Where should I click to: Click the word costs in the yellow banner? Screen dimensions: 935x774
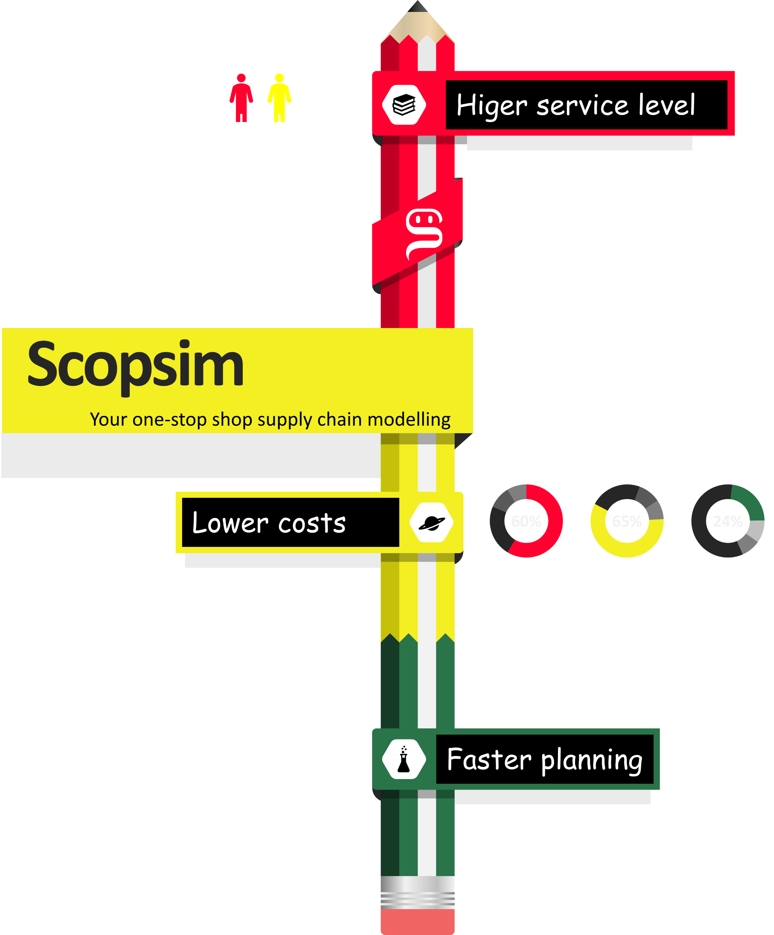click(x=312, y=523)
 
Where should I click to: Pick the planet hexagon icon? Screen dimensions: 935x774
click(x=431, y=522)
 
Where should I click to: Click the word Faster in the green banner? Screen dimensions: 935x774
click(x=489, y=760)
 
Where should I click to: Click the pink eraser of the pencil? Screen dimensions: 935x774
click(x=418, y=922)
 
